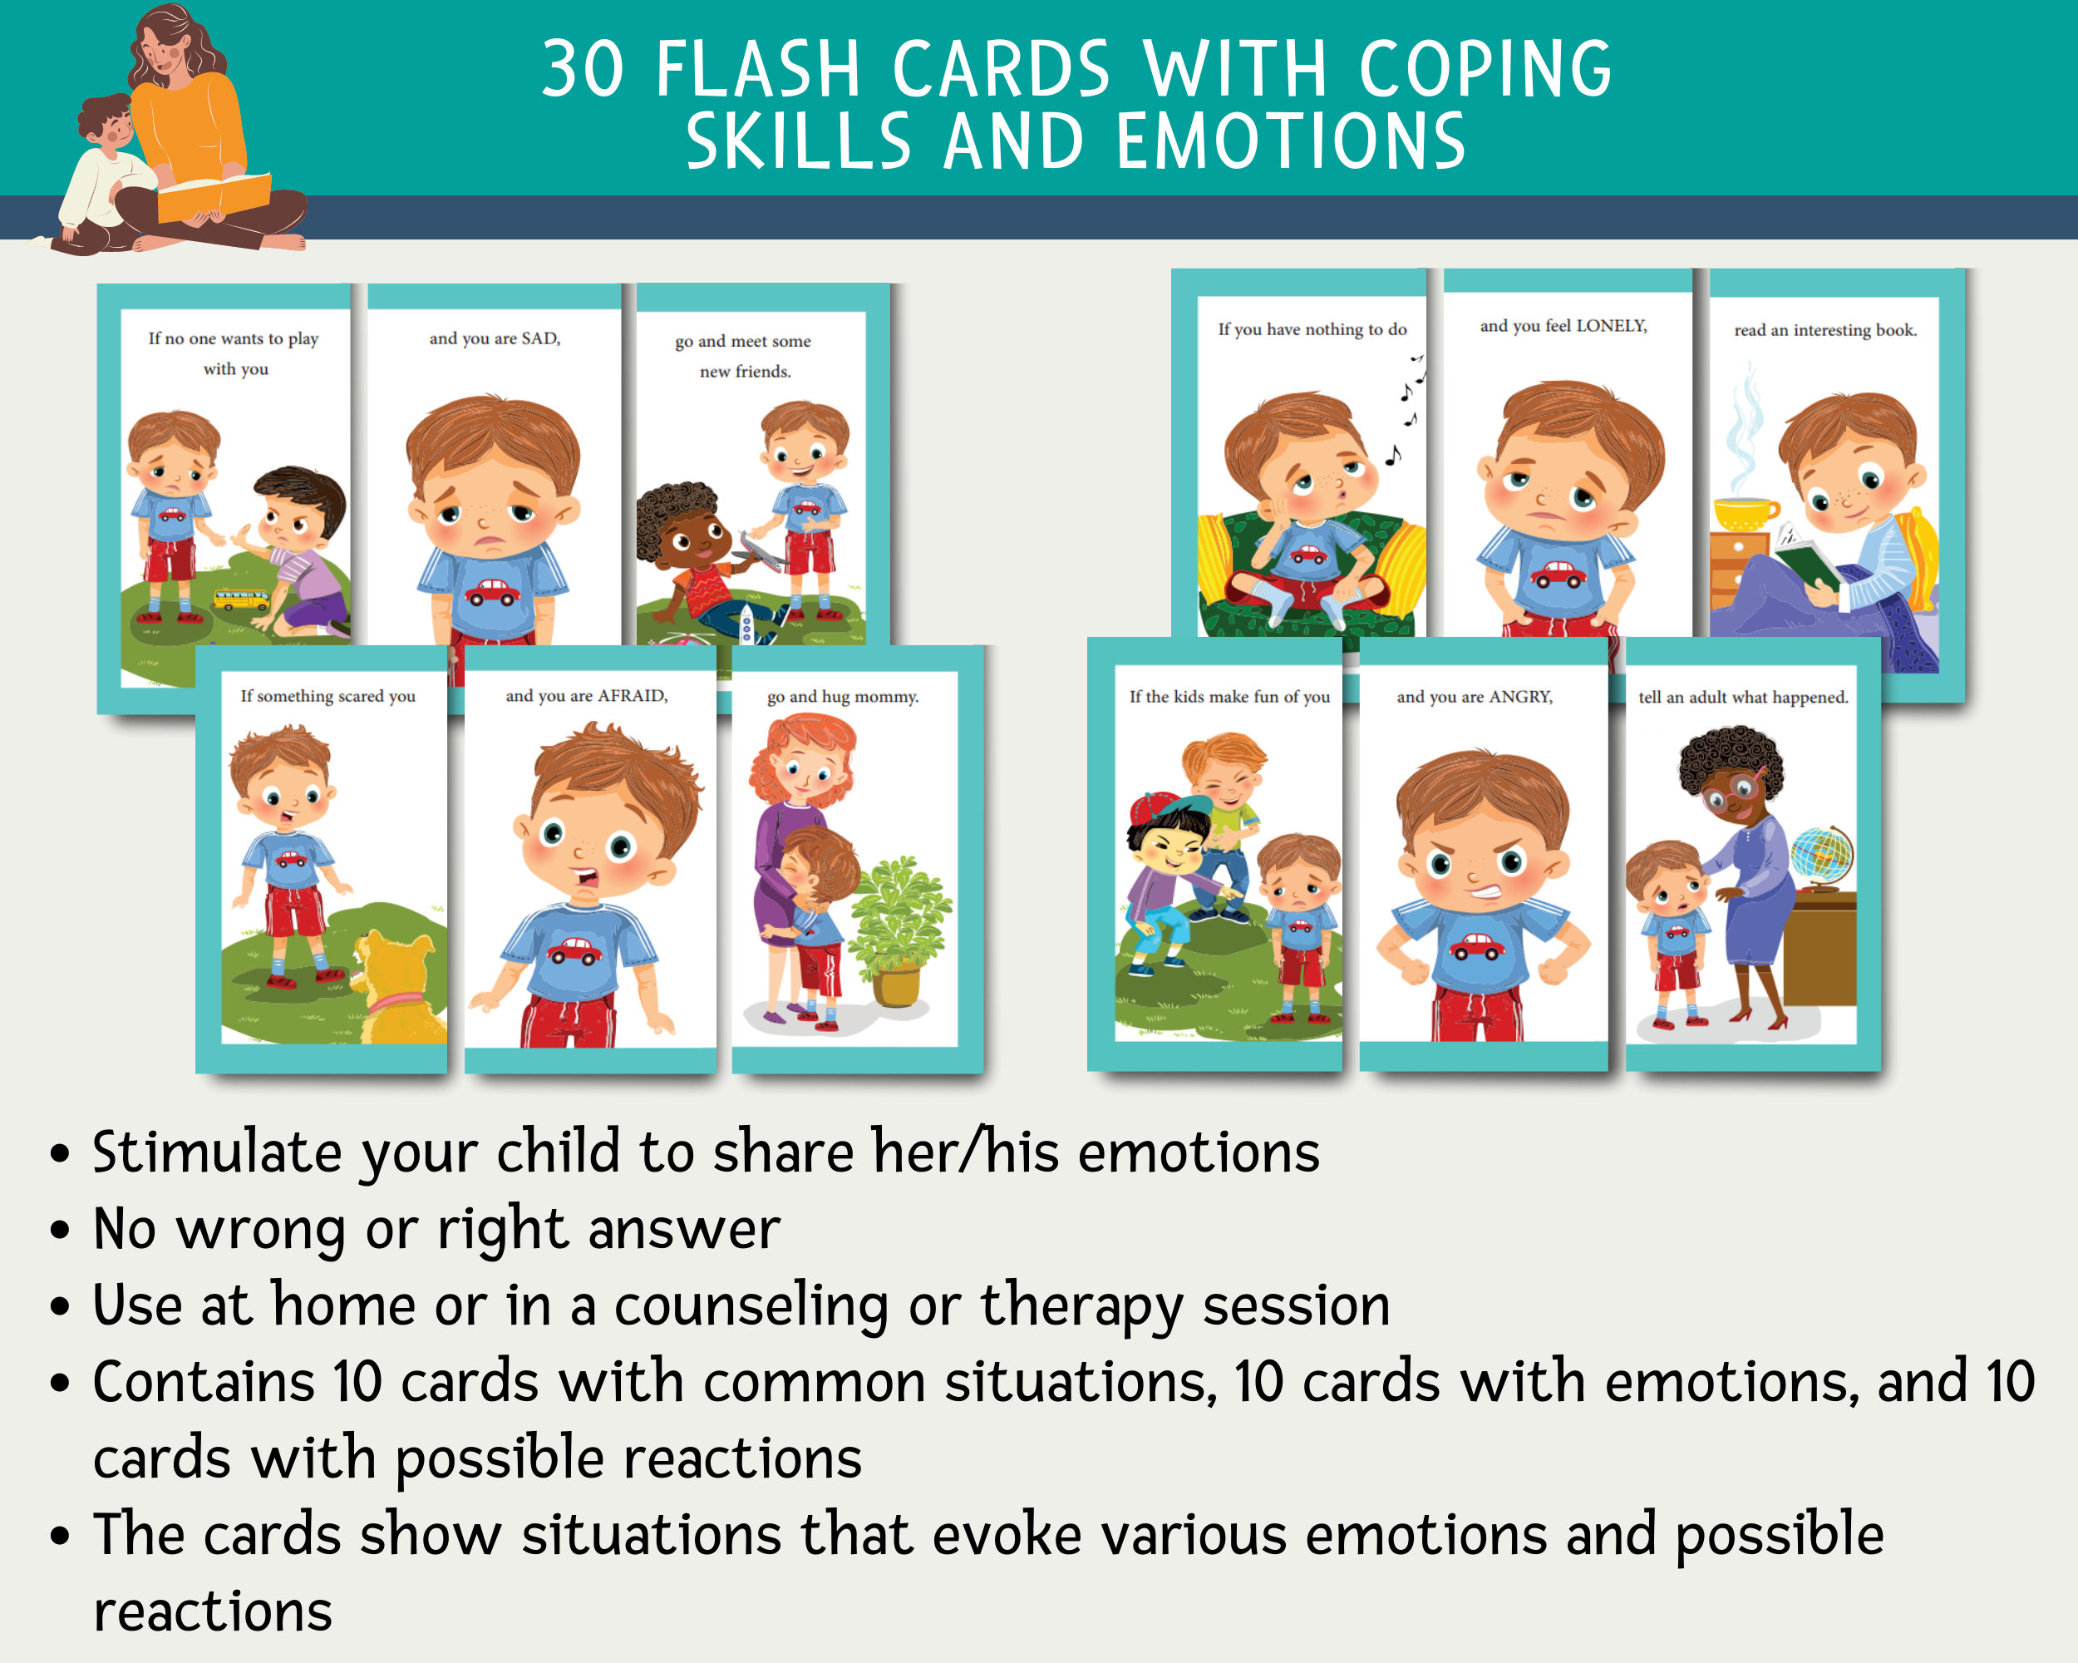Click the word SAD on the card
coord(539,338)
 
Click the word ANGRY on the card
coord(1520,697)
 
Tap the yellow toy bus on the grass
coord(241,600)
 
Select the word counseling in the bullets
coord(751,1306)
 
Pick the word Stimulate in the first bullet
coord(217,1153)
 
